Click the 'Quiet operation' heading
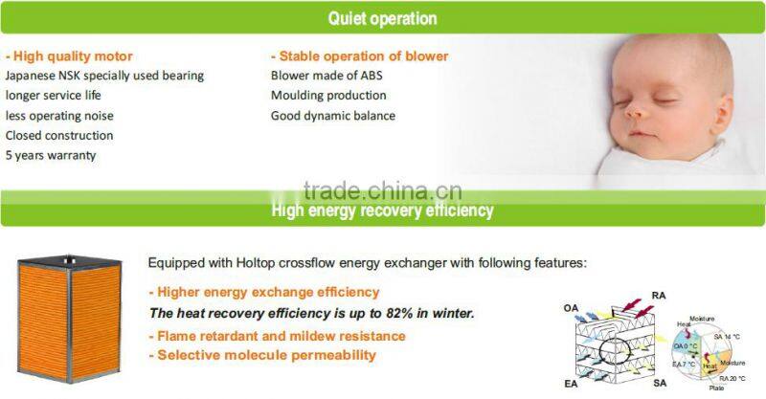click(x=382, y=18)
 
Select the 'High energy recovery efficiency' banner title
click(x=382, y=210)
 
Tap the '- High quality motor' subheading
click(x=69, y=55)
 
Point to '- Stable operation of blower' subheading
click(x=359, y=55)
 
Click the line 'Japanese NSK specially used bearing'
click(x=104, y=76)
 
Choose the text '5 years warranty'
click(x=51, y=155)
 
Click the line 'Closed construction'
click(x=59, y=135)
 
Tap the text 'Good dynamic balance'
click(x=332, y=116)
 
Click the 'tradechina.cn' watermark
click(x=382, y=188)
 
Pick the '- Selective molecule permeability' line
click(x=261, y=355)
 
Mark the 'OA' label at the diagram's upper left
click(x=571, y=308)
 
